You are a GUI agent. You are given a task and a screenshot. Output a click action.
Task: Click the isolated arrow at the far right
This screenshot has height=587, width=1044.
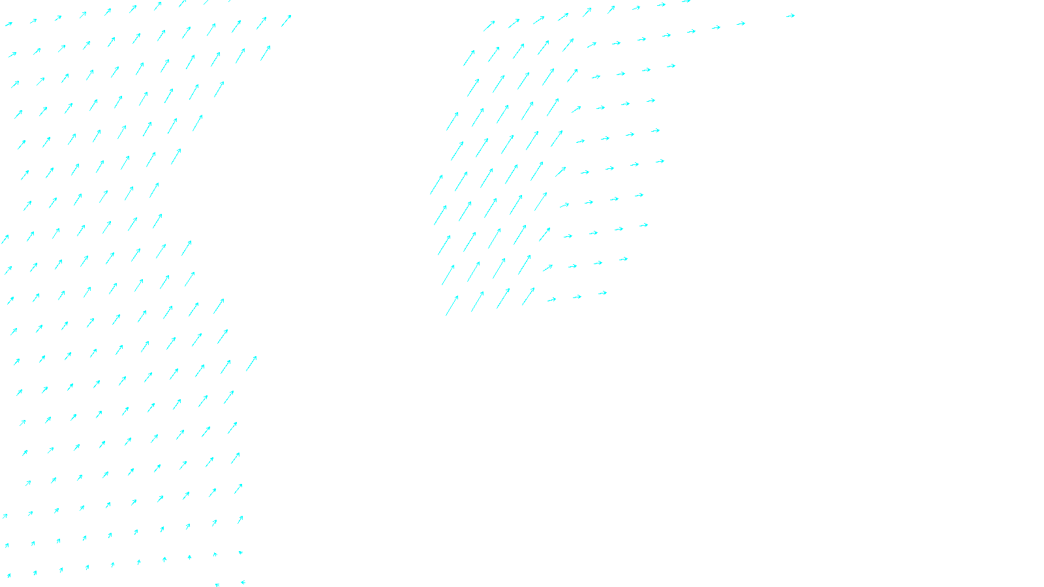pyautogui.click(x=790, y=16)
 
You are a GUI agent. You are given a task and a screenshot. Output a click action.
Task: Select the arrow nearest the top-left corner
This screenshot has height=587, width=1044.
pyautogui.click(x=8, y=24)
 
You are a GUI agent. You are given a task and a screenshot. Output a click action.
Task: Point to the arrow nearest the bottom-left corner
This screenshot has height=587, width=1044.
pyautogui.click(x=8, y=576)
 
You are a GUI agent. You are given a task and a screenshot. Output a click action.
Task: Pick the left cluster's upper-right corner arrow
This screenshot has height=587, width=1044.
pyautogui.click(x=286, y=21)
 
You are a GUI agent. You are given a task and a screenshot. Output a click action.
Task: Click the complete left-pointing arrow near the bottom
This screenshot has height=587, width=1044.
pyautogui.click(x=242, y=582)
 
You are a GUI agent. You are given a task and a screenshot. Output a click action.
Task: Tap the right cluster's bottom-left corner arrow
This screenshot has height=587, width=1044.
pyautogui.click(x=452, y=305)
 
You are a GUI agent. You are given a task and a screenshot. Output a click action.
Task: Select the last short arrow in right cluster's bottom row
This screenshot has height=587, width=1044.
pyautogui.click(x=602, y=293)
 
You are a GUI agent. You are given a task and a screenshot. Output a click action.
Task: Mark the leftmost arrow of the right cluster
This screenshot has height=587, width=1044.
pyautogui.click(x=437, y=184)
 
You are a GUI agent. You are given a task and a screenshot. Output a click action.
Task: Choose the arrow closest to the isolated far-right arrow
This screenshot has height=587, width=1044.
pyautogui.click(x=741, y=24)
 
